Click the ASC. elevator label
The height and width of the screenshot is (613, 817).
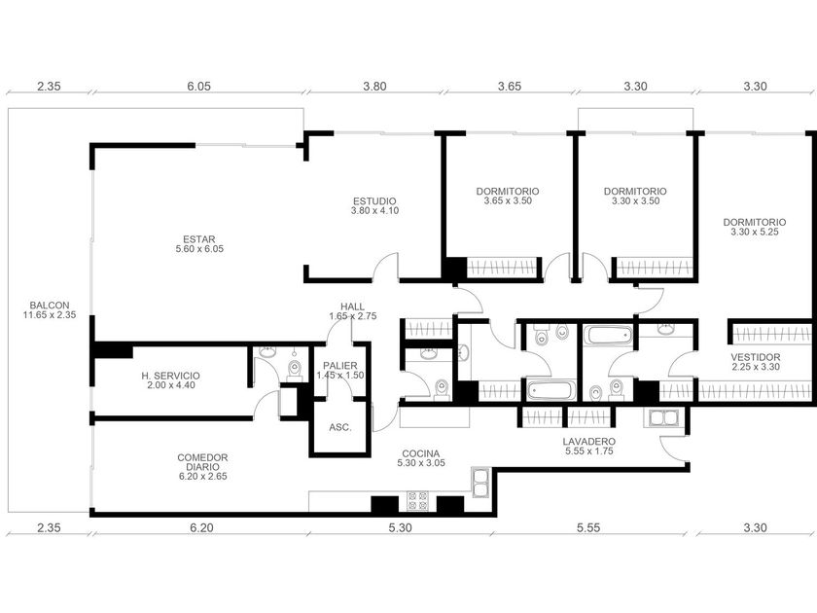pyautogui.click(x=340, y=427)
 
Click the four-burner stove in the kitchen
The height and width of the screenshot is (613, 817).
pyautogui.click(x=417, y=501)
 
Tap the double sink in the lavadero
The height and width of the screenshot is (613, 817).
pyautogui.click(x=661, y=418)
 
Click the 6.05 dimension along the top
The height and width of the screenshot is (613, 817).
pyautogui.click(x=199, y=86)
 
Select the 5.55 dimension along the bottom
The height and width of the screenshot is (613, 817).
pyautogui.click(x=588, y=527)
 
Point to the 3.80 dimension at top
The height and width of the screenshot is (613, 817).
pyautogui.click(x=374, y=86)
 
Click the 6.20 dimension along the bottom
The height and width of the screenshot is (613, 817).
pyautogui.click(x=201, y=527)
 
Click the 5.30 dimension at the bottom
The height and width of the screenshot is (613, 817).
pyautogui.click(x=400, y=527)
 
